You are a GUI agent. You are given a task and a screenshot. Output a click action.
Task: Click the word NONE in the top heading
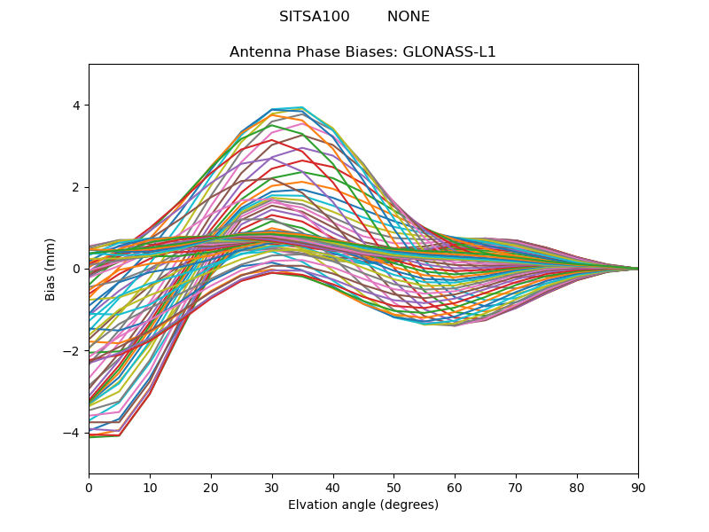pyautogui.click(x=409, y=17)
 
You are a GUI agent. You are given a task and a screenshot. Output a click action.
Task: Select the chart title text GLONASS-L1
pyautogui.click(x=449, y=52)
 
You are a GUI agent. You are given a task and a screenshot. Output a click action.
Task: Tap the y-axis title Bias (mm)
pyautogui.click(x=51, y=269)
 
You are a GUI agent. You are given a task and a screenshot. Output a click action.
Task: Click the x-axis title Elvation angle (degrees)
pyautogui.click(x=363, y=505)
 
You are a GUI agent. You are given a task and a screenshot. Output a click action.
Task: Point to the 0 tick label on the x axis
pyautogui.click(x=89, y=487)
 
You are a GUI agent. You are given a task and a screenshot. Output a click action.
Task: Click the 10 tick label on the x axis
pyautogui.click(x=150, y=487)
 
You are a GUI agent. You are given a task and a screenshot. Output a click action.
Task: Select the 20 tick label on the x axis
pyautogui.click(x=211, y=487)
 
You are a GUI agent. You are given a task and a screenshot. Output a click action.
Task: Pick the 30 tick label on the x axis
pyautogui.click(x=272, y=487)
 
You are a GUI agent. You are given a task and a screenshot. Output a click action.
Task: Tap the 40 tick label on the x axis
pyautogui.click(x=333, y=487)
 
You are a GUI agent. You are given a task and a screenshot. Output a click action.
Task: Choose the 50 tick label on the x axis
pyautogui.click(x=393, y=487)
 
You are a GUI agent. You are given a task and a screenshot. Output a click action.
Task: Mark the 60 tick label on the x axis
pyautogui.click(x=455, y=487)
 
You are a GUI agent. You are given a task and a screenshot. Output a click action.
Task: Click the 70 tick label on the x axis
pyautogui.click(x=516, y=487)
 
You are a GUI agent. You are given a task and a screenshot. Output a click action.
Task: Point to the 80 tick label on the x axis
pyautogui.click(x=577, y=487)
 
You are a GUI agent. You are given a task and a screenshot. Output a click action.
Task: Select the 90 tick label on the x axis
pyautogui.click(x=638, y=487)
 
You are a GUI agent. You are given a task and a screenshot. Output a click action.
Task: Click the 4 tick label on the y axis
pyautogui.click(x=76, y=106)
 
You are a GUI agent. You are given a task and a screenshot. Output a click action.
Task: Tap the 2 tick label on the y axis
pyautogui.click(x=76, y=187)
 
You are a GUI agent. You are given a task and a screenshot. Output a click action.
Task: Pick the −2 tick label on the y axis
pyautogui.click(x=73, y=351)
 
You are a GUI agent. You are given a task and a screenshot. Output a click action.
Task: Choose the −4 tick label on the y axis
pyautogui.click(x=73, y=433)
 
